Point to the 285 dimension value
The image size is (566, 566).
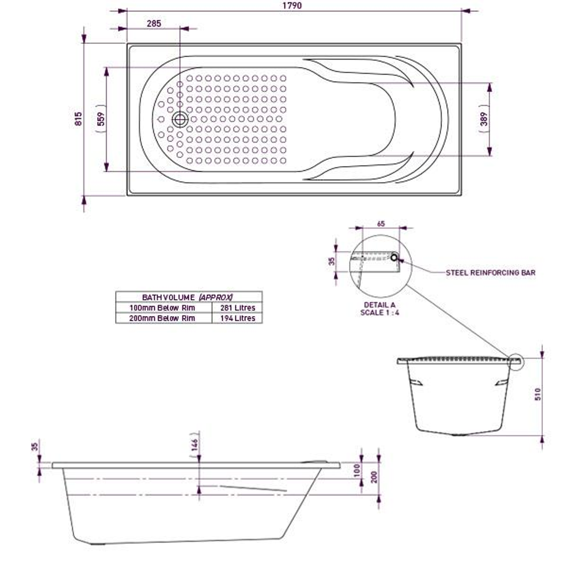click(x=154, y=23)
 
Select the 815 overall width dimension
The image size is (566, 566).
click(x=79, y=119)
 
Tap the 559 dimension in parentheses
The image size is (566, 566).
click(x=101, y=119)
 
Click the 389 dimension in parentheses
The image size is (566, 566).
click(x=484, y=119)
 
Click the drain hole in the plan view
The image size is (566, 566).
click(x=180, y=119)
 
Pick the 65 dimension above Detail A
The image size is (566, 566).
click(x=380, y=224)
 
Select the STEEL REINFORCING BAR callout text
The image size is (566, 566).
click(x=491, y=273)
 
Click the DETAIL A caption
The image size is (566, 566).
click(x=379, y=305)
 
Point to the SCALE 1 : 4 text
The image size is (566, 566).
click(x=379, y=312)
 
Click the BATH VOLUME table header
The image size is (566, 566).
click(x=188, y=297)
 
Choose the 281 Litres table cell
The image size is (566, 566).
click(x=237, y=308)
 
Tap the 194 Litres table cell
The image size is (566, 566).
click(x=237, y=318)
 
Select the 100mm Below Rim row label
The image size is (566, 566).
click(x=162, y=308)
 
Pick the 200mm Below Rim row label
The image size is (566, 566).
click(x=162, y=318)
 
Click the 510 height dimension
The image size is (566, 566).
click(x=538, y=393)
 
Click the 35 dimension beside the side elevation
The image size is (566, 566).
click(x=35, y=447)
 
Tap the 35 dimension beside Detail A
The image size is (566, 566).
click(x=332, y=260)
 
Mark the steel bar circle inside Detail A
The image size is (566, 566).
click(x=394, y=257)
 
